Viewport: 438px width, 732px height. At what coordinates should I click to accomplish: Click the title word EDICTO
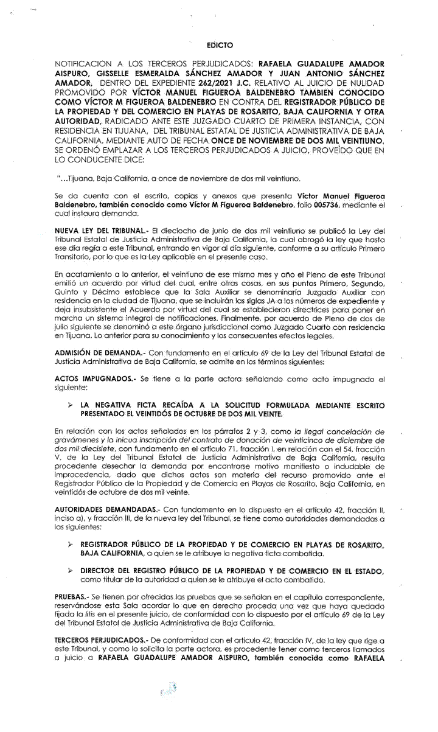coord(220,45)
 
